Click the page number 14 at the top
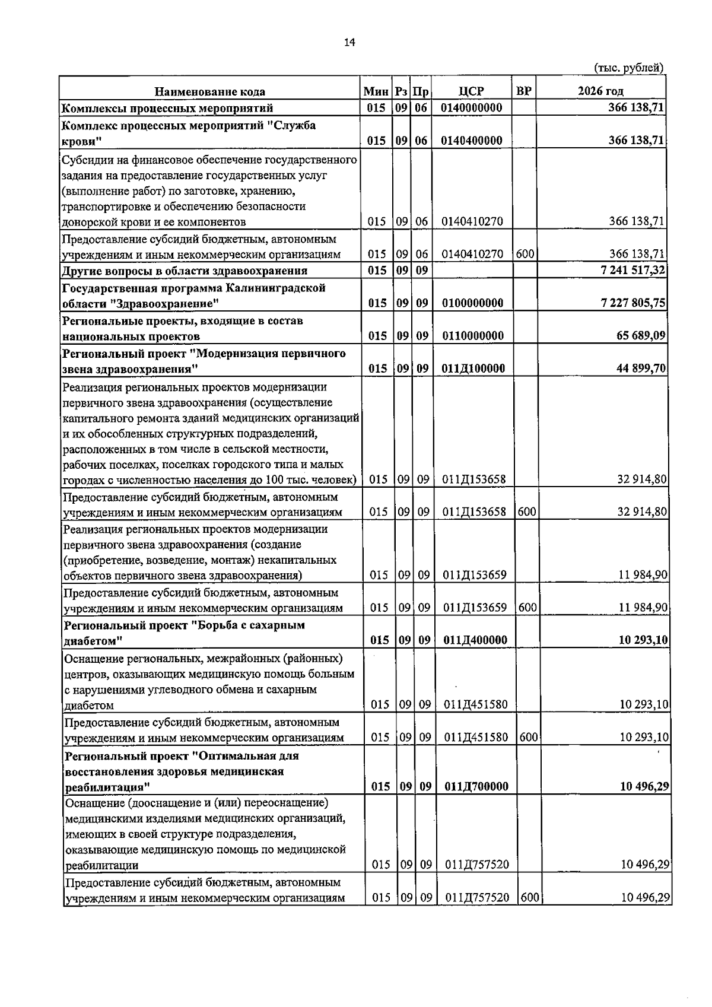[349, 42]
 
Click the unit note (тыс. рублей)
[628, 68]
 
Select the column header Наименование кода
[209, 91]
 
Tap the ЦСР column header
[471, 91]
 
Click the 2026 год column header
[600, 91]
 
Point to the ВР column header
[523, 91]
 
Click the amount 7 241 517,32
[633, 270]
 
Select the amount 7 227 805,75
[633, 303]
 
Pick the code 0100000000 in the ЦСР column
[472, 303]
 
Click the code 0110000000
[472, 335]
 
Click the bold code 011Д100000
[473, 368]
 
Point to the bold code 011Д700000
[476, 786]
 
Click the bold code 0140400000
[472, 141]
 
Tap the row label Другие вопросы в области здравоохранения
[185, 271]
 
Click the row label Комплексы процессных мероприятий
[167, 108]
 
